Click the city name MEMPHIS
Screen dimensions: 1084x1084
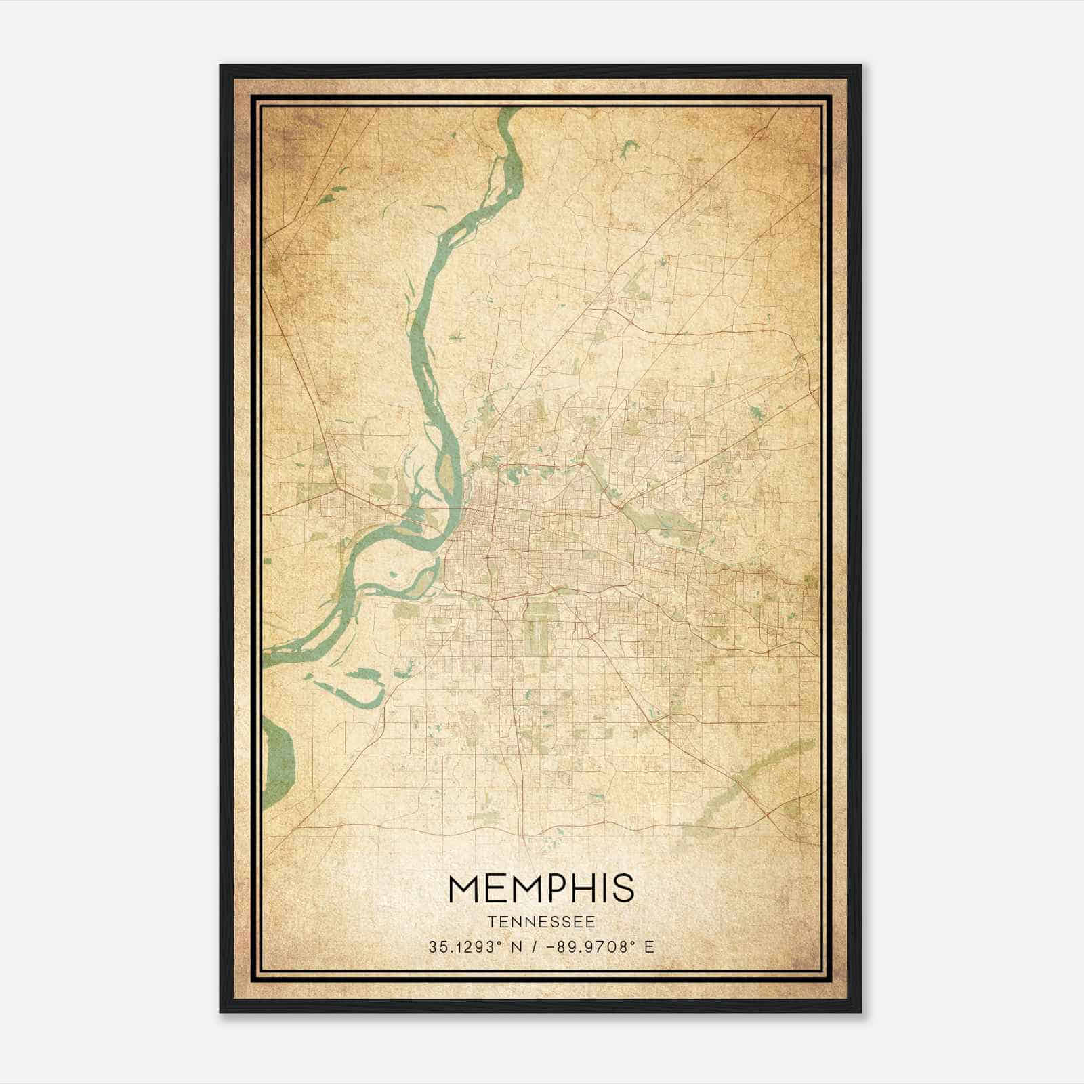(541, 889)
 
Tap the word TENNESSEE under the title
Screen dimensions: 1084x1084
(541, 922)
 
